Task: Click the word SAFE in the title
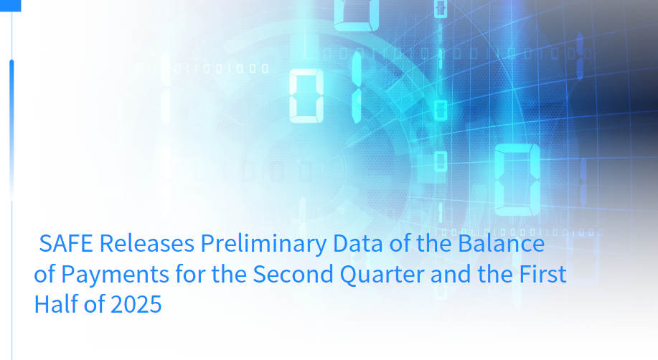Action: [x=66, y=243]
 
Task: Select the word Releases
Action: [x=147, y=243]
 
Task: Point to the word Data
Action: [x=358, y=243]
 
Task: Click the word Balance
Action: [x=502, y=243]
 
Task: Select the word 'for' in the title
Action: [x=191, y=274]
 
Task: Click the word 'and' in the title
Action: [x=451, y=275]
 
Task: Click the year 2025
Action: [x=136, y=305]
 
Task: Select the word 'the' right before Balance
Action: [x=434, y=243]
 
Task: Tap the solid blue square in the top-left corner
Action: [x=11, y=6]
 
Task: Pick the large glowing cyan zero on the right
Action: [x=517, y=179]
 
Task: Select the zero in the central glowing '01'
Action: [x=306, y=95]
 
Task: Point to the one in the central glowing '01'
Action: [x=357, y=87]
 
